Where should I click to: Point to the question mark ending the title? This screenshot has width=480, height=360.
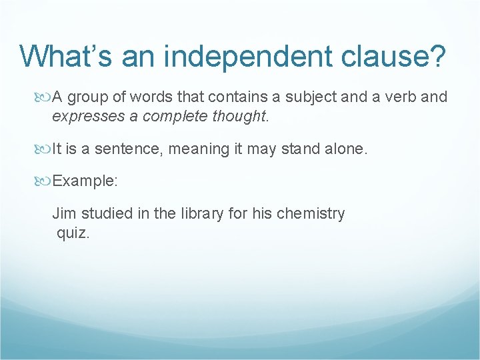coord(437,56)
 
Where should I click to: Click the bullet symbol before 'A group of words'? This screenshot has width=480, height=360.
coord(45,97)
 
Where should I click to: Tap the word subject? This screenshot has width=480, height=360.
coord(311,97)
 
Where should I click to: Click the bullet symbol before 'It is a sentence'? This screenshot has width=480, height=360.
coord(45,149)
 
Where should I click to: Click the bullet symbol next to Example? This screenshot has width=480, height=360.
coord(45,181)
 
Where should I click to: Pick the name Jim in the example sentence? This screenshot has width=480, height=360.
coord(64,214)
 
